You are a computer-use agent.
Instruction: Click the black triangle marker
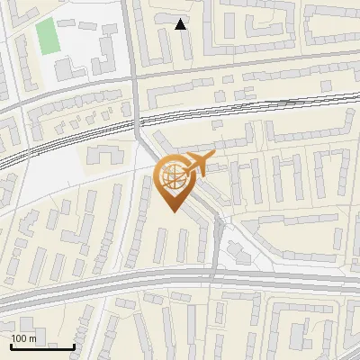click(x=181, y=24)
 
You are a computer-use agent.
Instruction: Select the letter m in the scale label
click(x=33, y=338)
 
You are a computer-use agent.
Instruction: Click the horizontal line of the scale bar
click(x=40, y=346)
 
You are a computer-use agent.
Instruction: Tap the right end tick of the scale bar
click(x=73, y=345)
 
